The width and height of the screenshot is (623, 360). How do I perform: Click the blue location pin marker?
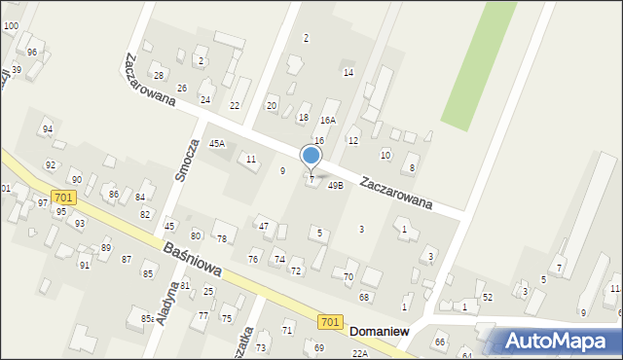tap(311, 156)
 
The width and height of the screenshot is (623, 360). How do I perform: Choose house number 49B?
tap(335, 185)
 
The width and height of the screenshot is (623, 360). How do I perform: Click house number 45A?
tap(217, 143)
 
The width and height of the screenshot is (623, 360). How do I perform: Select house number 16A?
tap(328, 121)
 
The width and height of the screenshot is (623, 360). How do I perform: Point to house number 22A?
tap(360, 354)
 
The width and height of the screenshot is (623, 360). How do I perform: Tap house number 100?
tap(11, 25)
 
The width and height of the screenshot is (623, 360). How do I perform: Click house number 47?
tap(263, 226)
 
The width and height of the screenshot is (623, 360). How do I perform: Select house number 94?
tap(47, 128)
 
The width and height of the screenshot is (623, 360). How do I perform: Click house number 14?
tap(348, 72)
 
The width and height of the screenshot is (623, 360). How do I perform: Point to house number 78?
tap(222, 238)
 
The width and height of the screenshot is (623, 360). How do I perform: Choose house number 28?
tap(158, 76)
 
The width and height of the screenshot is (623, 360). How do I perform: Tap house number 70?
tap(348, 277)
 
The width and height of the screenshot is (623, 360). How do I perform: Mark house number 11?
tap(251, 159)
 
